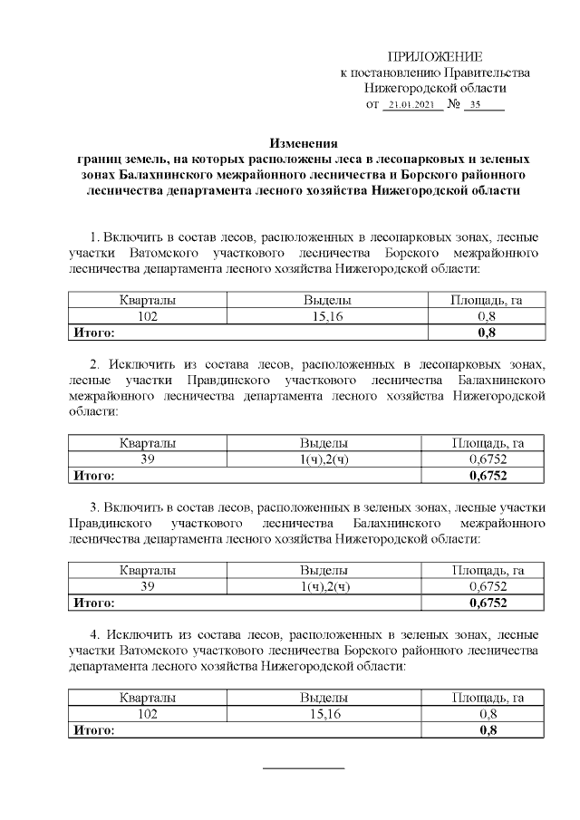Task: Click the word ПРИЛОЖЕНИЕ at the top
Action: tap(434, 57)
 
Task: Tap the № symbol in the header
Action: tap(454, 105)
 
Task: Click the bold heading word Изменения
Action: tap(304, 142)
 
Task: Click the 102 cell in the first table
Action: tap(148, 316)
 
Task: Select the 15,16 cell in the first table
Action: tap(324, 316)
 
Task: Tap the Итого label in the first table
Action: tap(93, 332)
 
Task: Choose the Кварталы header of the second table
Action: tap(148, 443)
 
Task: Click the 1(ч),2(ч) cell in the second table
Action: tap(324, 459)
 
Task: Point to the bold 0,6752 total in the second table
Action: tap(488, 475)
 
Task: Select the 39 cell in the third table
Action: tap(148, 586)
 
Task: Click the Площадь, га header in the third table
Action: tap(488, 571)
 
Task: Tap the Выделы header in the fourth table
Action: tap(324, 699)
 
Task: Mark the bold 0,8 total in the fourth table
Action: tap(488, 729)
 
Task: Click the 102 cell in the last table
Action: tap(148, 714)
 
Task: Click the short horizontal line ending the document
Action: tap(304, 768)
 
